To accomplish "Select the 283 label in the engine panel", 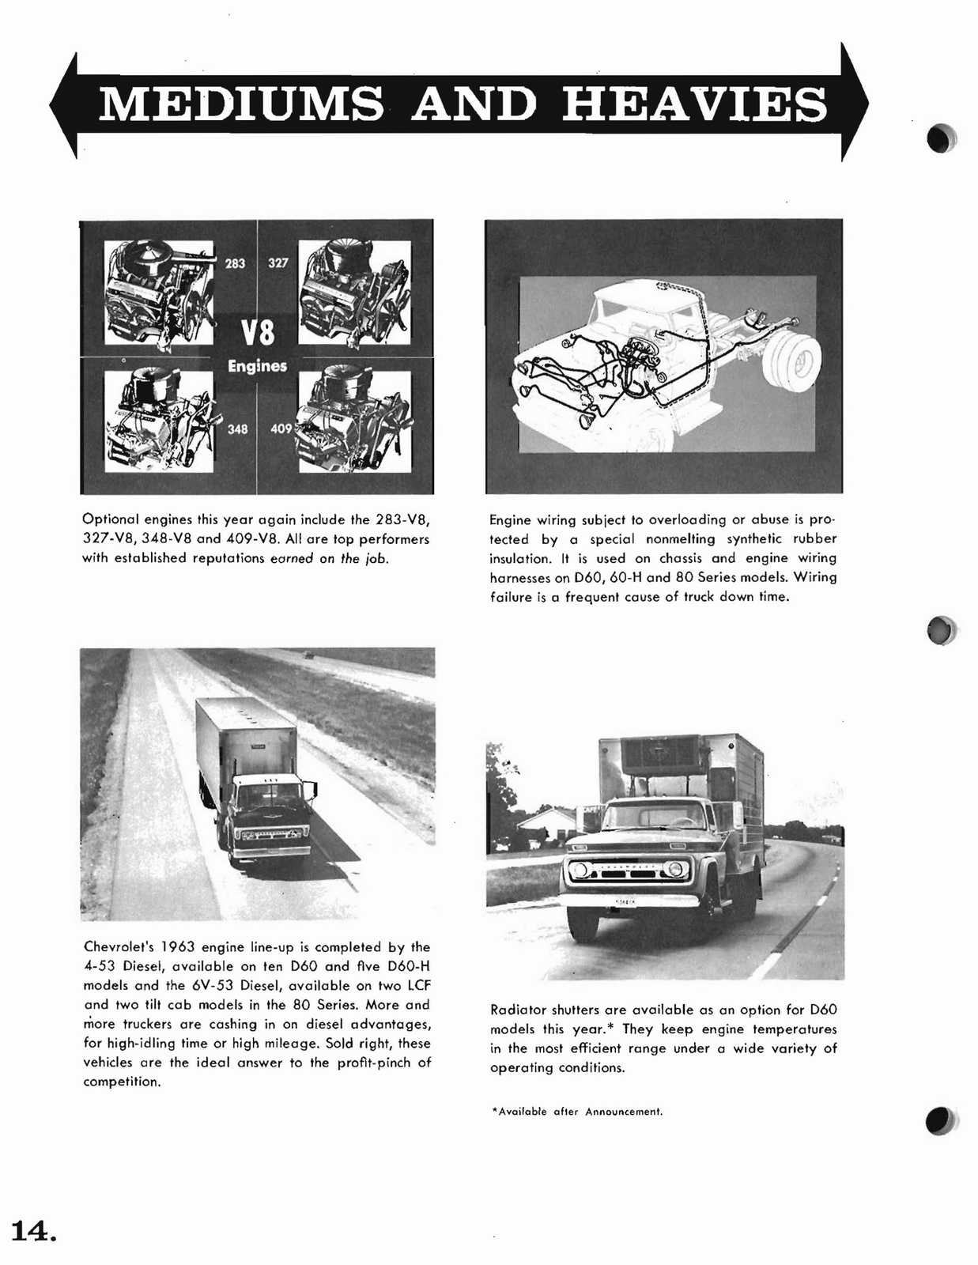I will click(236, 263).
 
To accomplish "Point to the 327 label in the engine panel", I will click(278, 263).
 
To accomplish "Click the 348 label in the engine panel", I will click(237, 429).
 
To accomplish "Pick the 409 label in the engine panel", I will click(281, 429).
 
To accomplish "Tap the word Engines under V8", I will click(258, 366).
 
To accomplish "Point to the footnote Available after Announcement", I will click(576, 1112).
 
